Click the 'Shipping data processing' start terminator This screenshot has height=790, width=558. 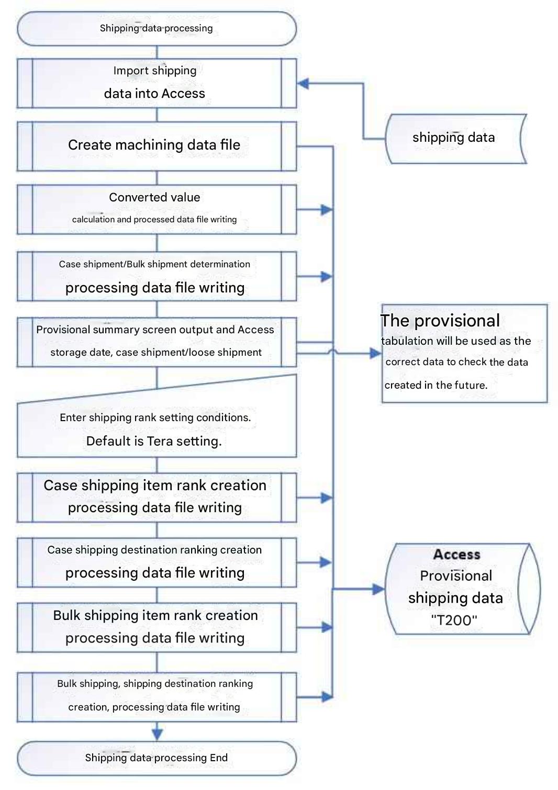point(157,28)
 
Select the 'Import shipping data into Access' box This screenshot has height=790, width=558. point(157,83)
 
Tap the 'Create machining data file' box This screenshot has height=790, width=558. point(157,145)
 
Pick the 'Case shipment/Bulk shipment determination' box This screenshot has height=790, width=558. point(157,276)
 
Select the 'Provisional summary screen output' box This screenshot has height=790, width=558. point(157,341)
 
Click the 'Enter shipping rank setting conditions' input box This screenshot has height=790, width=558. point(157,426)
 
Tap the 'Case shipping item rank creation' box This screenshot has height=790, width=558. point(157,496)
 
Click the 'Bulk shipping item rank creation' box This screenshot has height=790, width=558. point(157,627)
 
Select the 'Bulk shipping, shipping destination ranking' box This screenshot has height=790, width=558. point(157,696)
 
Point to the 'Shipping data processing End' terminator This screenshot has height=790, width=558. point(157,758)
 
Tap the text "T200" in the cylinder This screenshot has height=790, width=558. point(454,620)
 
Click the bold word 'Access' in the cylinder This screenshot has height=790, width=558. point(456,554)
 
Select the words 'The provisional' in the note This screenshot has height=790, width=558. point(440,321)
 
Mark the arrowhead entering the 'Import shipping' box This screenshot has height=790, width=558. point(303,83)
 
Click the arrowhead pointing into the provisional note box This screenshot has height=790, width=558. point(376,354)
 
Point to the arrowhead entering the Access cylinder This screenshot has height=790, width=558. point(379,590)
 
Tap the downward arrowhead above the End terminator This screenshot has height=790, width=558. point(157,733)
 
